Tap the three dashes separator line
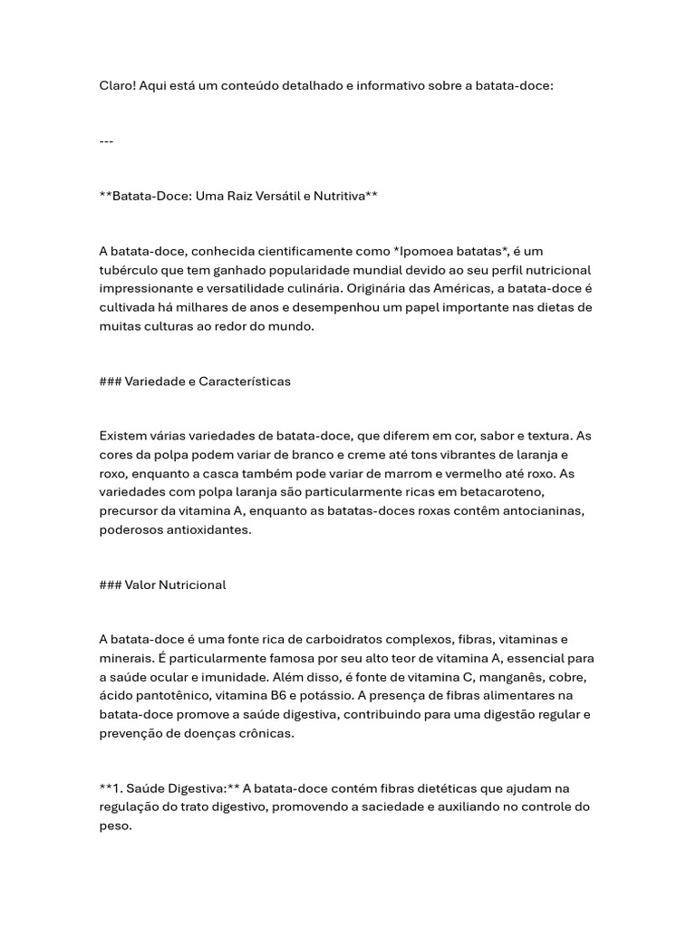point(106,141)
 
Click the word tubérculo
point(131,270)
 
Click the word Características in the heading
point(244,382)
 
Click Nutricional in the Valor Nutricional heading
point(192,585)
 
